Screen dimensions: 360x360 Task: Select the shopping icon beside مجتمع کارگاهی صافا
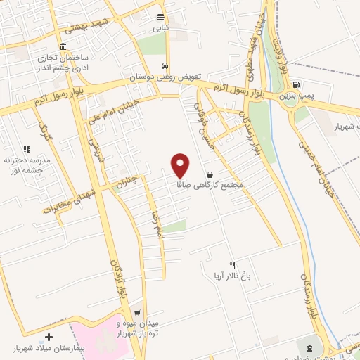pyautogui.click(x=210, y=174)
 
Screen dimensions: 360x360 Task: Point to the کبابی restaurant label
pyautogui.click(x=162, y=30)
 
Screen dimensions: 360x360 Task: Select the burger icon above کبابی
pyautogui.click(x=162, y=19)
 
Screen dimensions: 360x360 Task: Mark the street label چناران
pyautogui.click(x=123, y=183)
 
